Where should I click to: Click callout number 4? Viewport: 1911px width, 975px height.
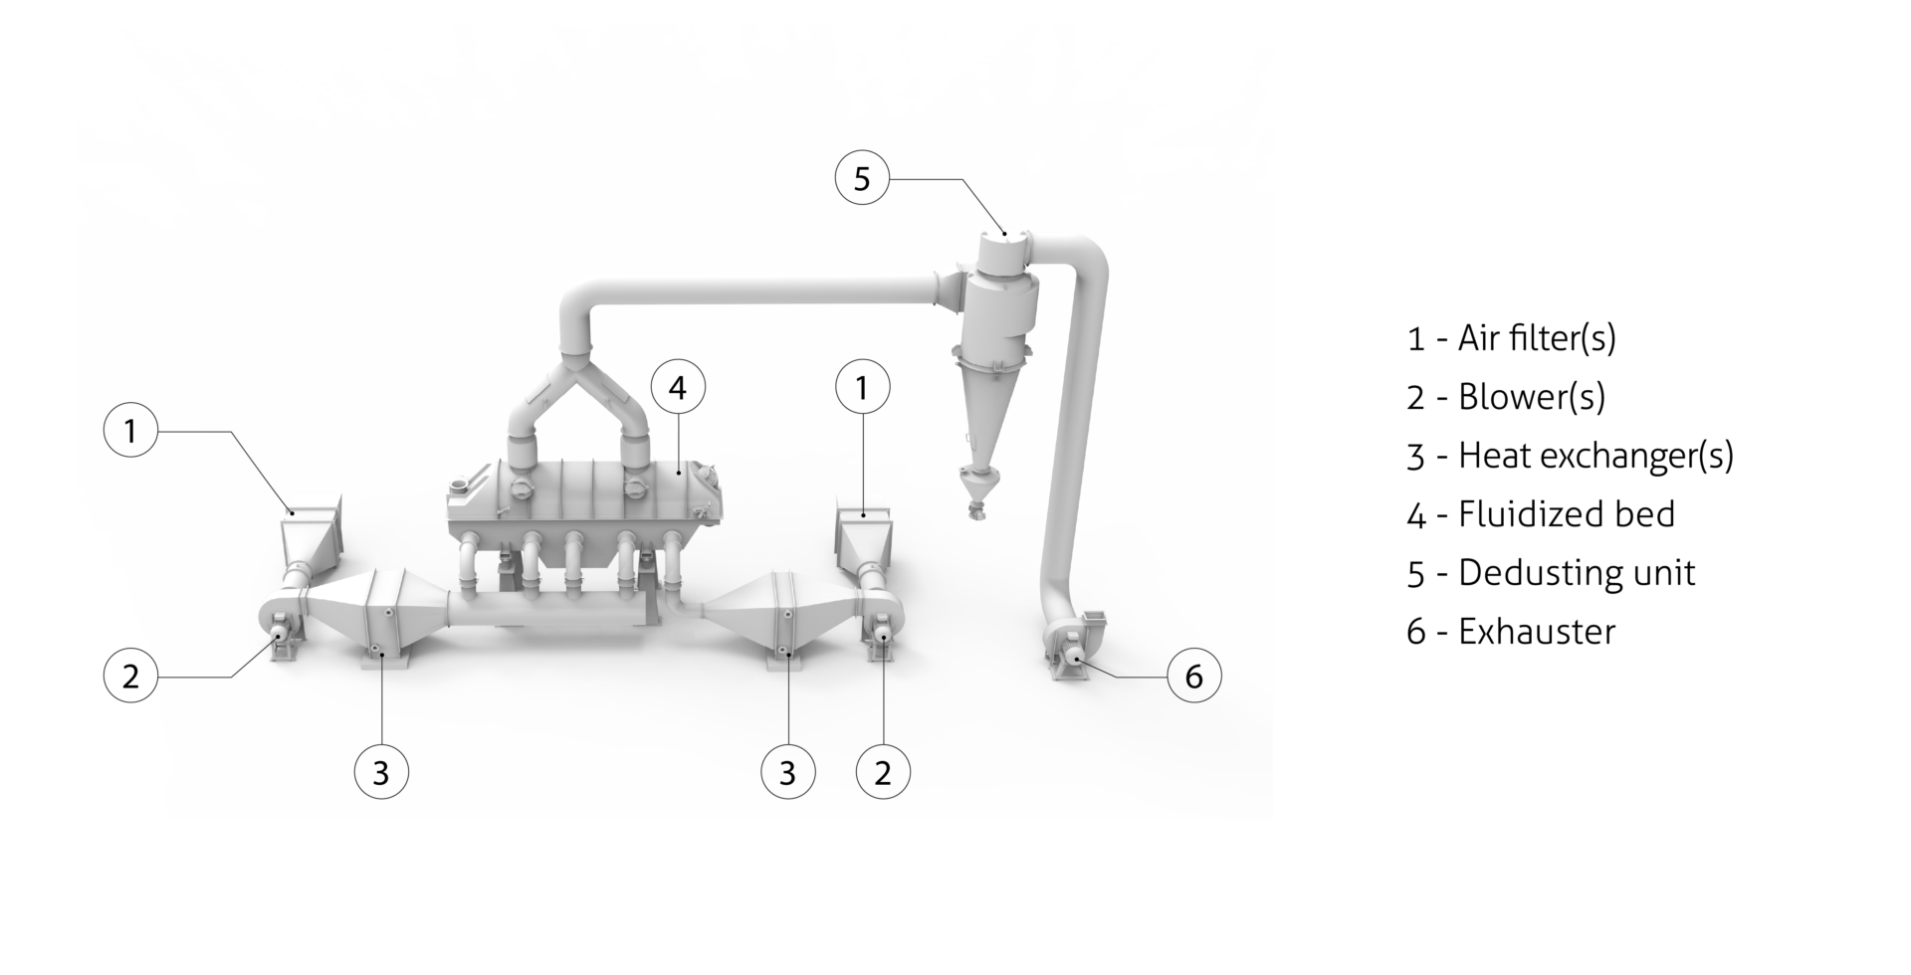click(678, 387)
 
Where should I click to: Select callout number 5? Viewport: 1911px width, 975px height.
click(862, 179)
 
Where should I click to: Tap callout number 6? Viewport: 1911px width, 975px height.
click(1193, 676)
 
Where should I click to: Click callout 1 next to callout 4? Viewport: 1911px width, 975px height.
click(862, 387)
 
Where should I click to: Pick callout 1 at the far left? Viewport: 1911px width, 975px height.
click(130, 431)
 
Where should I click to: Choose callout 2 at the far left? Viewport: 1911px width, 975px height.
click(130, 677)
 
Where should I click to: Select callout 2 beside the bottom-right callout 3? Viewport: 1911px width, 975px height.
click(883, 772)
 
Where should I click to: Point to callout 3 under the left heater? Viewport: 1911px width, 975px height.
click(381, 772)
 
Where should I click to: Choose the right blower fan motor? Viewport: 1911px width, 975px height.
click(882, 632)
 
